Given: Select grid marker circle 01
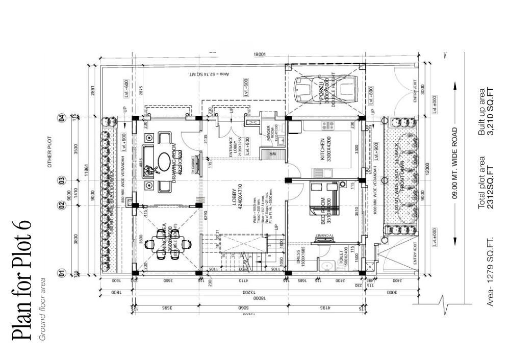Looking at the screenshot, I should click(x=62, y=273).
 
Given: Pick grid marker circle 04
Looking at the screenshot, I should click(x=62, y=118).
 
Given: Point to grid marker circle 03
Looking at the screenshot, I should click(x=62, y=180).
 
